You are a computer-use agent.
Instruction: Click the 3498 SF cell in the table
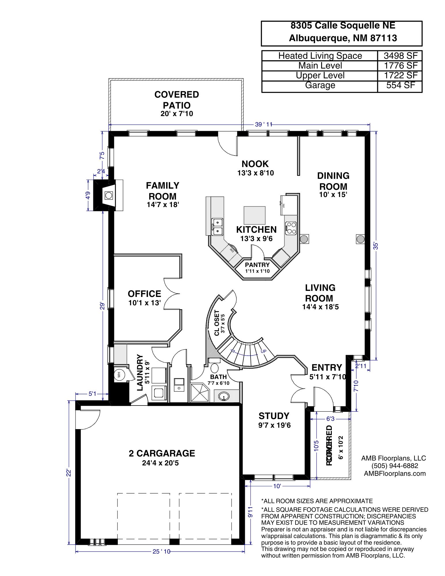point(400,56)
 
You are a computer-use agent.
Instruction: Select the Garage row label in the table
point(320,85)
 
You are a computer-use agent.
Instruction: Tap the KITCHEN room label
point(256,230)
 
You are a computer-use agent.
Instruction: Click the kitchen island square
point(255,215)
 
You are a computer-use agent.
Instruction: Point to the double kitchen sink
point(217,226)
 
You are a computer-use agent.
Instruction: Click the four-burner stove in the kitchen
point(291,227)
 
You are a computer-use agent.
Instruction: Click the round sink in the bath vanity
point(224,397)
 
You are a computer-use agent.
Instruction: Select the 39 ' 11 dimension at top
point(263,124)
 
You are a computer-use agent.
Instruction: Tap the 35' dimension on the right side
point(375,246)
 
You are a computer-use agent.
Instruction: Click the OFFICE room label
point(144,294)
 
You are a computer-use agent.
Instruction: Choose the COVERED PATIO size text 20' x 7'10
point(177,114)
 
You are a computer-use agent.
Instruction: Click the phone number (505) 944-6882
point(395,466)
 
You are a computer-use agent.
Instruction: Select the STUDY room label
point(274,416)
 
